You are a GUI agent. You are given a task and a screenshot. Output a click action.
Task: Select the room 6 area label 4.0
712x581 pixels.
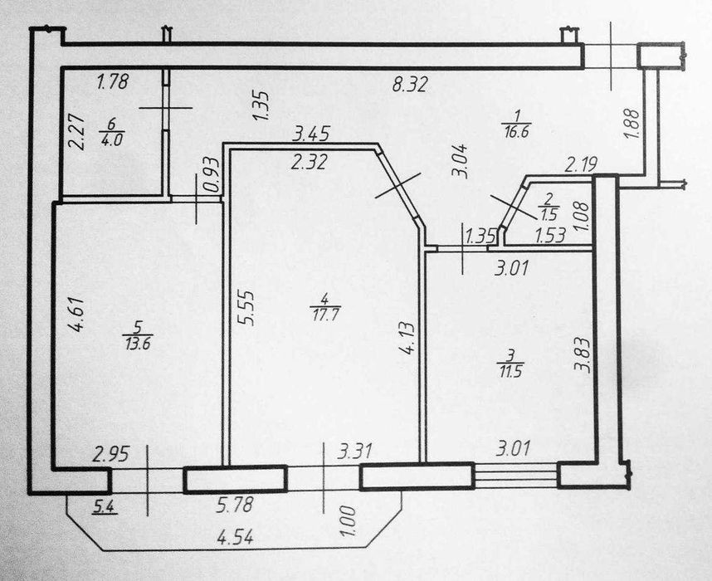(x=110, y=139)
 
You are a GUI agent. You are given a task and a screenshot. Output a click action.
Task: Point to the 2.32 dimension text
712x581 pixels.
(x=307, y=164)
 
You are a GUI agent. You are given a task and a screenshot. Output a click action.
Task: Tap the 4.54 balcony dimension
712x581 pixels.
(x=236, y=537)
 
